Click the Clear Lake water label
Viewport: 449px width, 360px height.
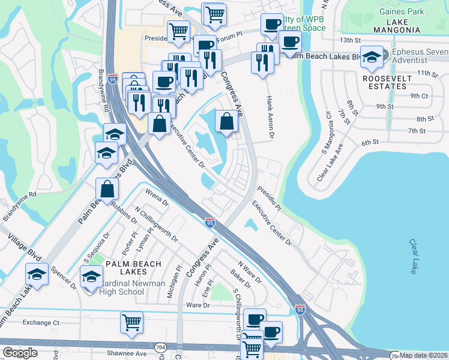[x=413, y=257]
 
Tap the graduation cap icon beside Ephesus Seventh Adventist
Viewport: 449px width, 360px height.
[x=372, y=58]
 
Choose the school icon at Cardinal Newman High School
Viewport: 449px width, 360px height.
[x=91, y=277]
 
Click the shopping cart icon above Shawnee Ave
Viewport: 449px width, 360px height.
[x=131, y=322]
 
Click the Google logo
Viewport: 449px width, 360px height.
[x=20, y=353]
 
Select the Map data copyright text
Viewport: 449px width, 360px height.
[x=424, y=355]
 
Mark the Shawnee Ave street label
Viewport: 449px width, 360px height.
[x=127, y=353]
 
